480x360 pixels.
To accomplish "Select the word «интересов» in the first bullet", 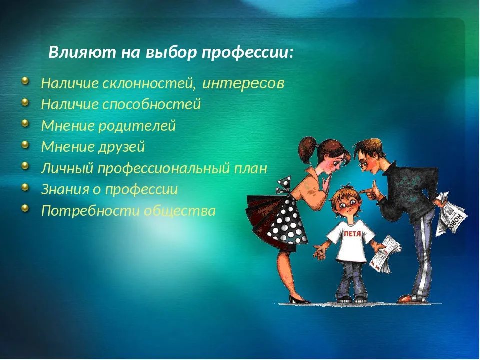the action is point(243,83).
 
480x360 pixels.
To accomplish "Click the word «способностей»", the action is point(151,104).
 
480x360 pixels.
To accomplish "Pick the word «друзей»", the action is point(121,147).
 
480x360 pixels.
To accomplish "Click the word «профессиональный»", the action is point(164,168).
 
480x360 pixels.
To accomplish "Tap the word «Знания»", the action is point(65,190).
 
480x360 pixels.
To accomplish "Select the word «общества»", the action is point(180,211).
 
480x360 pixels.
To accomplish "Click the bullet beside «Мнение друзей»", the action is point(26,145).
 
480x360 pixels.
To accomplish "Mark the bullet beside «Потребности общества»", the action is point(26,209).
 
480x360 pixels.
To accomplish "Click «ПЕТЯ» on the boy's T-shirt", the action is point(352,234).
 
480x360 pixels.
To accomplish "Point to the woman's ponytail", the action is point(307,150).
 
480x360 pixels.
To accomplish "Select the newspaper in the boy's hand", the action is point(384,254).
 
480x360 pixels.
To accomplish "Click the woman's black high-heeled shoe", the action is point(299,299).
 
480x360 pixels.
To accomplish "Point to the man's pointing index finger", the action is point(365,192).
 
